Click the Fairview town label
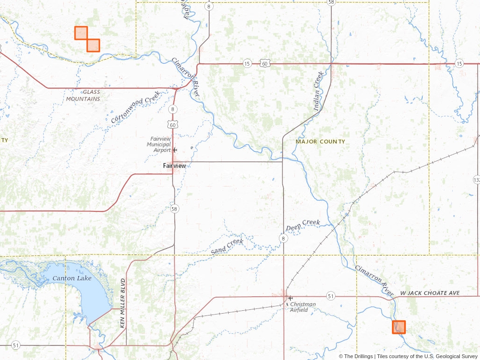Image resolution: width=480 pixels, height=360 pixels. (x=174, y=166)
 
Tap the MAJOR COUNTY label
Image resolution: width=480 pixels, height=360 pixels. (x=320, y=142)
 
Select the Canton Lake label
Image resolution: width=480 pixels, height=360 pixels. (x=72, y=278)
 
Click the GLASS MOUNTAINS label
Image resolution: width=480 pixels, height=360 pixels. (x=83, y=96)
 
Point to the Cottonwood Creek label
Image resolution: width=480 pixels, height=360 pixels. (x=135, y=107)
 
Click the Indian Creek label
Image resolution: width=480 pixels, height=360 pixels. (x=319, y=91)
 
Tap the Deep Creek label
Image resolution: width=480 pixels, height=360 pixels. (x=303, y=225)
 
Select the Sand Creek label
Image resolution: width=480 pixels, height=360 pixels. (x=227, y=247)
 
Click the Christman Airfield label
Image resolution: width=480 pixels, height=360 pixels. (x=303, y=307)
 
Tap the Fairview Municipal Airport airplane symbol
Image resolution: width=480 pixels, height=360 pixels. (x=175, y=150)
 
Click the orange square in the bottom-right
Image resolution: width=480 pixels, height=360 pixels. (x=398, y=327)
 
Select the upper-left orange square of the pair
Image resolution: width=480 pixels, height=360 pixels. (x=81, y=33)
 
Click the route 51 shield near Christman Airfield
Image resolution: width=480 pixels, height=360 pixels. (x=331, y=296)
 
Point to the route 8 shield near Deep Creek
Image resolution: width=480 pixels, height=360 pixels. (x=283, y=239)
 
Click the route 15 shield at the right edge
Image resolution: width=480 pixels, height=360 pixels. (x=460, y=63)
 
